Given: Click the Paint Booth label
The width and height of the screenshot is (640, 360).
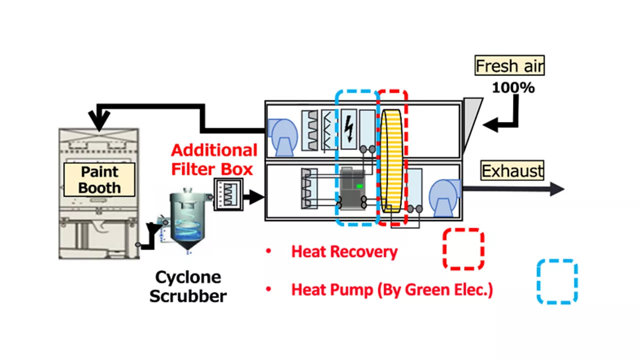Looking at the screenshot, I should [x=99, y=180].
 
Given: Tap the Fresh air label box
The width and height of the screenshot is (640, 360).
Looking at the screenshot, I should [x=509, y=65].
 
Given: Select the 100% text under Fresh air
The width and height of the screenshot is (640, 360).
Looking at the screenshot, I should [x=513, y=88].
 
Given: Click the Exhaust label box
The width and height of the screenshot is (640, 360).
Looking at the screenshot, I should [x=512, y=171].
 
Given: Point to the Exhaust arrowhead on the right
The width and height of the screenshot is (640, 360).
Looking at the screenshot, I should [x=557, y=189].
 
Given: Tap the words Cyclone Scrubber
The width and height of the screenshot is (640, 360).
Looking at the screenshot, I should [x=188, y=286].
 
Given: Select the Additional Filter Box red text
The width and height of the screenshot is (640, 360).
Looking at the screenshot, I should [x=214, y=159].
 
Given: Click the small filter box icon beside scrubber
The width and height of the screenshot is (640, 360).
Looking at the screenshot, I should [x=228, y=194].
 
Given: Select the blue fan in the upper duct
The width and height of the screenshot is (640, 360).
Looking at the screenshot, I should [x=282, y=136].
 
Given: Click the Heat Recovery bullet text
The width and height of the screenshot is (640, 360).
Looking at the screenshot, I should [x=344, y=251].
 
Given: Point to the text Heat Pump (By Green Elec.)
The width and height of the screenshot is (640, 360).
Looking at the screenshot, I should [x=392, y=289].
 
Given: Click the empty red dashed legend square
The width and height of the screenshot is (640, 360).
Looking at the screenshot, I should [x=463, y=249].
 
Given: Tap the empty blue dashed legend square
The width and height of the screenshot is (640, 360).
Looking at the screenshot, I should [x=557, y=281].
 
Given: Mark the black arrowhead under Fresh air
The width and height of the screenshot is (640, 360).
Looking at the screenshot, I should [x=492, y=125].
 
